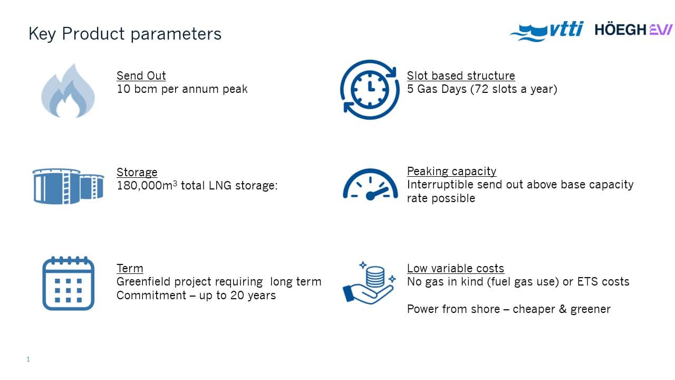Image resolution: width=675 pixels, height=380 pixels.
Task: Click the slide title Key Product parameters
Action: (x=125, y=33)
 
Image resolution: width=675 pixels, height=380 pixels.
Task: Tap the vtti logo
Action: (x=547, y=31)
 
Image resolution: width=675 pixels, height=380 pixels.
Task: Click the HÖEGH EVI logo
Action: (x=633, y=30)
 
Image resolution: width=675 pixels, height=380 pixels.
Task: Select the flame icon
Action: (x=68, y=91)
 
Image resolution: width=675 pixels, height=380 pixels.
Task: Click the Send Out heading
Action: (x=141, y=75)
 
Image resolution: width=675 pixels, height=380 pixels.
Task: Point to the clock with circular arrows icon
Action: (x=370, y=90)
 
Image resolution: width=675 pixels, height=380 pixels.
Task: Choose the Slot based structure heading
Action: (x=461, y=75)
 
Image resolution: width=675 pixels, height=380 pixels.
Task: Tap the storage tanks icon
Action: (x=68, y=186)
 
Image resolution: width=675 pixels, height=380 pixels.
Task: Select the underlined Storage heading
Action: (x=137, y=172)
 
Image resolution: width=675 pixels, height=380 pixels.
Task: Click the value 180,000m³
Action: (x=147, y=185)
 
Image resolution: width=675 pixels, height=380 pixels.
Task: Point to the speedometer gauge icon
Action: (x=370, y=184)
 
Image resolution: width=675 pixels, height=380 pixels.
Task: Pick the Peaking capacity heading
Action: (x=451, y=172)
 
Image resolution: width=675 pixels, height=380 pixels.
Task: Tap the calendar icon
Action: (x=69, y=283)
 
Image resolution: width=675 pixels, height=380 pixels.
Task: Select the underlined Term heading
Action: (x=130, y=269)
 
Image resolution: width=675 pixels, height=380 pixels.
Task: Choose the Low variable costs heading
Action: (x=455, y=269)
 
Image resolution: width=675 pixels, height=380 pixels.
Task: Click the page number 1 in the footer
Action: (x=28, y=359)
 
